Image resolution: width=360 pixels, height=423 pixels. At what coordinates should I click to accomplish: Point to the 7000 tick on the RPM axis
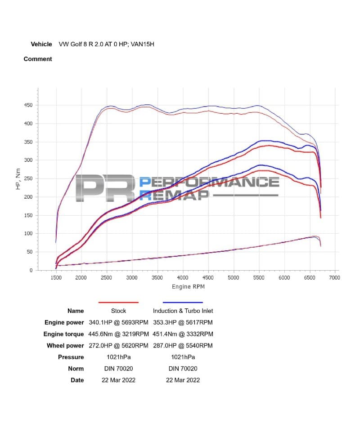coord(334,278)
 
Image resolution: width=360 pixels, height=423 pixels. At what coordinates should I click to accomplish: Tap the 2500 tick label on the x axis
coord(106,278)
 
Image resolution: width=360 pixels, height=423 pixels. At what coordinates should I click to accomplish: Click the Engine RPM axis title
coord(188,287)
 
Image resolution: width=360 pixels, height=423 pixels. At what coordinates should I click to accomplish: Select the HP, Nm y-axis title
coord(18,179)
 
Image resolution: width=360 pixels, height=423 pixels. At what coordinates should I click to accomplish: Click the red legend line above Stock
coord(118,303)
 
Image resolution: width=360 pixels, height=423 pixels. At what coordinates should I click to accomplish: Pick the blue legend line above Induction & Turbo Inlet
coord(183,303)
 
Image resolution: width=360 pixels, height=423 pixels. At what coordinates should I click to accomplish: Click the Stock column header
coord(118,311)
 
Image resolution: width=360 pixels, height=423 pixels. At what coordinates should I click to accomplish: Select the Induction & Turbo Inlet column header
coord(183,311)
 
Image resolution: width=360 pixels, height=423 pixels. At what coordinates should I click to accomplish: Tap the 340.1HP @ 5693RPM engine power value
coord(119,322)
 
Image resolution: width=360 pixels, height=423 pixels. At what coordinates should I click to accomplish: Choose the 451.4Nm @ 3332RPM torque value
coord(183,334)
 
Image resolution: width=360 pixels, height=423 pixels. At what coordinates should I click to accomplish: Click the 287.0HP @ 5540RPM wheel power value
coord(183,346)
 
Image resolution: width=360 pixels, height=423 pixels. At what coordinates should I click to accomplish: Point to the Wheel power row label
coord(65,346)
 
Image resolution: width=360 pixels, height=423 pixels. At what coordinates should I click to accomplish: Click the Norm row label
coord(76,369)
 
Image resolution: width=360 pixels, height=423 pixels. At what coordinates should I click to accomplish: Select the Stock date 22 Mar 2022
coord(119,380)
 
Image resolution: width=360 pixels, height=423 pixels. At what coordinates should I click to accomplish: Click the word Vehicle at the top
coord(41,44)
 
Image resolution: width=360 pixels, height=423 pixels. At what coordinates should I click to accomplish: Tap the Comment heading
coord(38,59)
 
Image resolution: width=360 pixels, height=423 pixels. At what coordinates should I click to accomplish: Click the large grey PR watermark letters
coord(104,187)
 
